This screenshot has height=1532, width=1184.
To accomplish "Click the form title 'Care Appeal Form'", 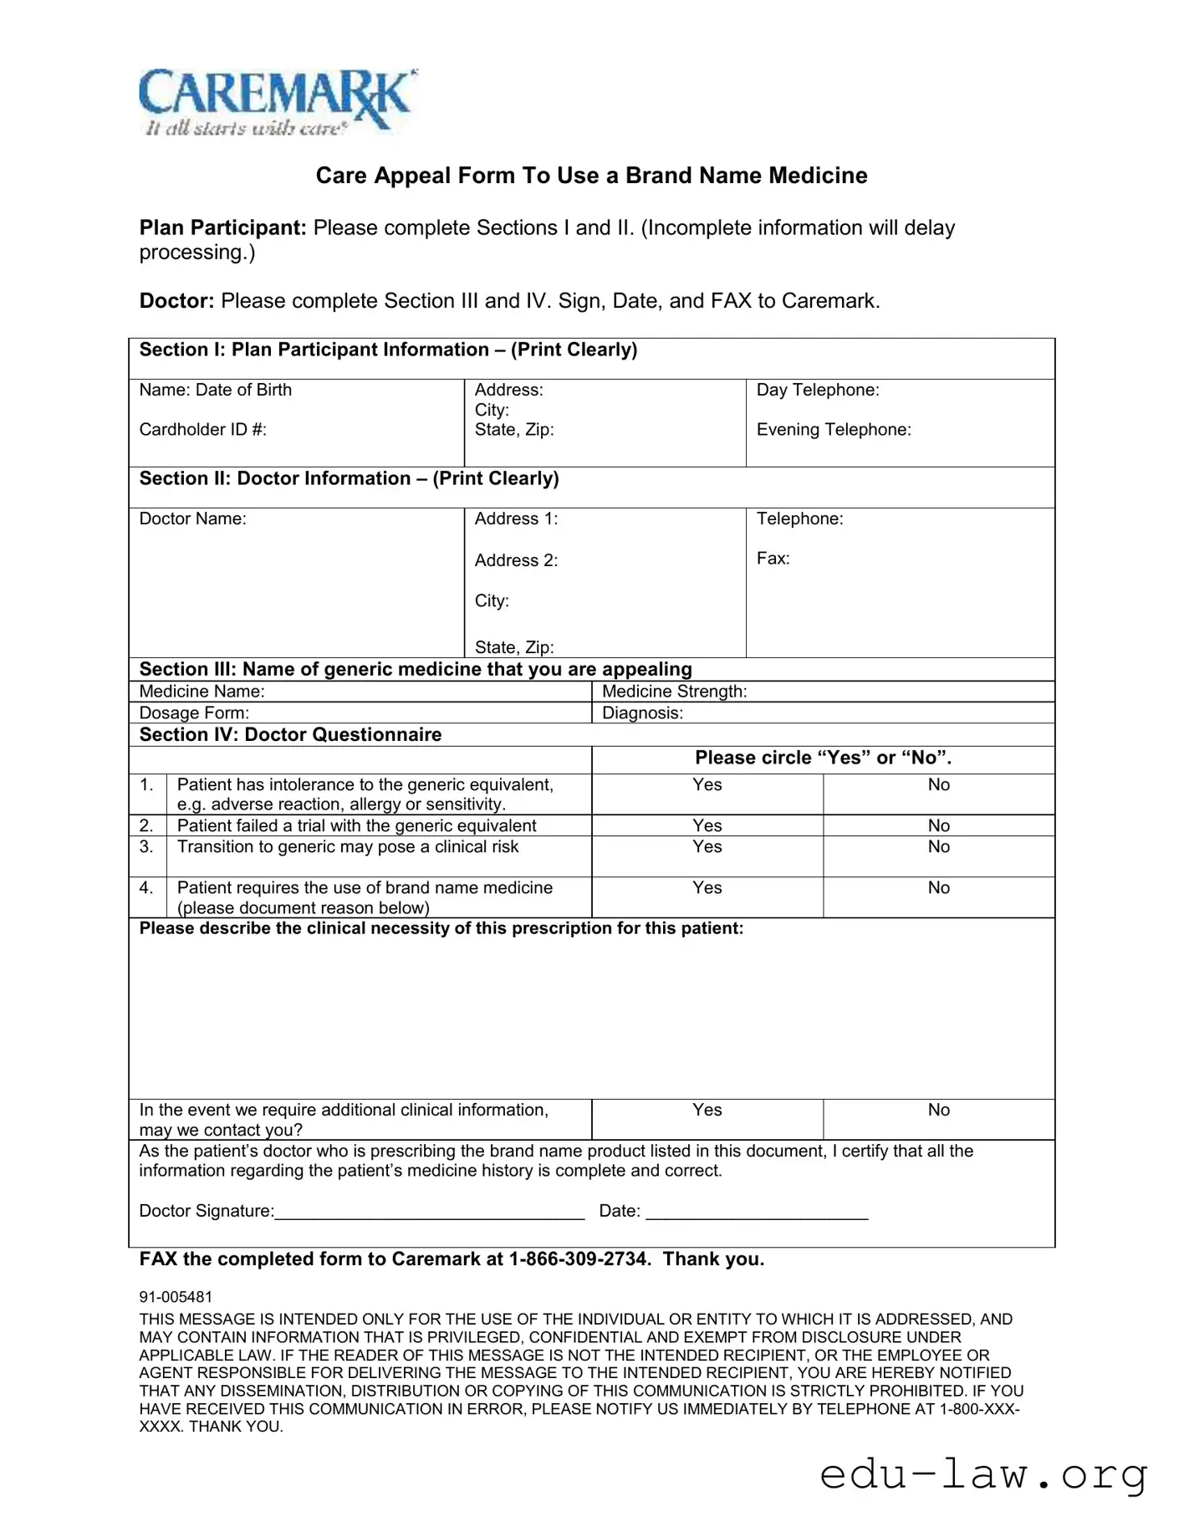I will (591, 176).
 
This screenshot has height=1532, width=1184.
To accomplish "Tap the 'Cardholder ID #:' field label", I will (202, 430).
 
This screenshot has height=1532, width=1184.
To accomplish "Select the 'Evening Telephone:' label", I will (833, 430).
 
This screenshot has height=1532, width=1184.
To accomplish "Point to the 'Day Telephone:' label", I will (817, 391).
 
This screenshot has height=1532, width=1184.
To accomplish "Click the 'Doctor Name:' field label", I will (192, 519).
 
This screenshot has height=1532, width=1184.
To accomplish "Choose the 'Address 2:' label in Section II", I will (516, 561).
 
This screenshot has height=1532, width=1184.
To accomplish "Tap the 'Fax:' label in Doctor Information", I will (773, 559).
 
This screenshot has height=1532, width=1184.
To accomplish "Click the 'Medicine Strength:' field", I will (674, 692).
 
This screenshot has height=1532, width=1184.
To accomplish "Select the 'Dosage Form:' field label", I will (194, 713).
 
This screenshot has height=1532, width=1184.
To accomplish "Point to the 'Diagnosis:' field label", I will (642, 713).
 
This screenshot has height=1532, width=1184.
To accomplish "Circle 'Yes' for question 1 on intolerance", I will (707, 785).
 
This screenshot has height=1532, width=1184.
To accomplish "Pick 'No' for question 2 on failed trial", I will (938, 826).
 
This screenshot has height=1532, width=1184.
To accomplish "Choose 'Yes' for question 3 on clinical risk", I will (707, 847).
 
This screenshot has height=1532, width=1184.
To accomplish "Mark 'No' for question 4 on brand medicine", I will (938, 888).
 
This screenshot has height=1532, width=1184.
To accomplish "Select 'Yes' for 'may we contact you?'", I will (707, 1111).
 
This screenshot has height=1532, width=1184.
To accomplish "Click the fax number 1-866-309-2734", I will (579, 1260).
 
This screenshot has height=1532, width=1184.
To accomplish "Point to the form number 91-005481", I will (176, 1297).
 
